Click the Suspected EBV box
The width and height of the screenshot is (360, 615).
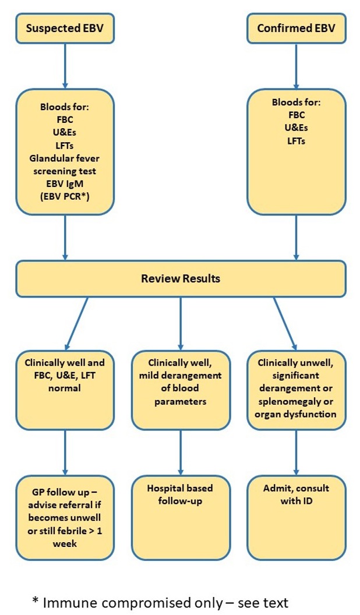tap(64, 27)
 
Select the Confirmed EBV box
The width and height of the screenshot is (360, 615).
tap(296, 27)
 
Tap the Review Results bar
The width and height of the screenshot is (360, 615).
tap(181, 278)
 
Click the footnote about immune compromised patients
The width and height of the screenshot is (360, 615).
tap(160, 602)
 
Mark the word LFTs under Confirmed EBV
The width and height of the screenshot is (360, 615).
tap(297, 140)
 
